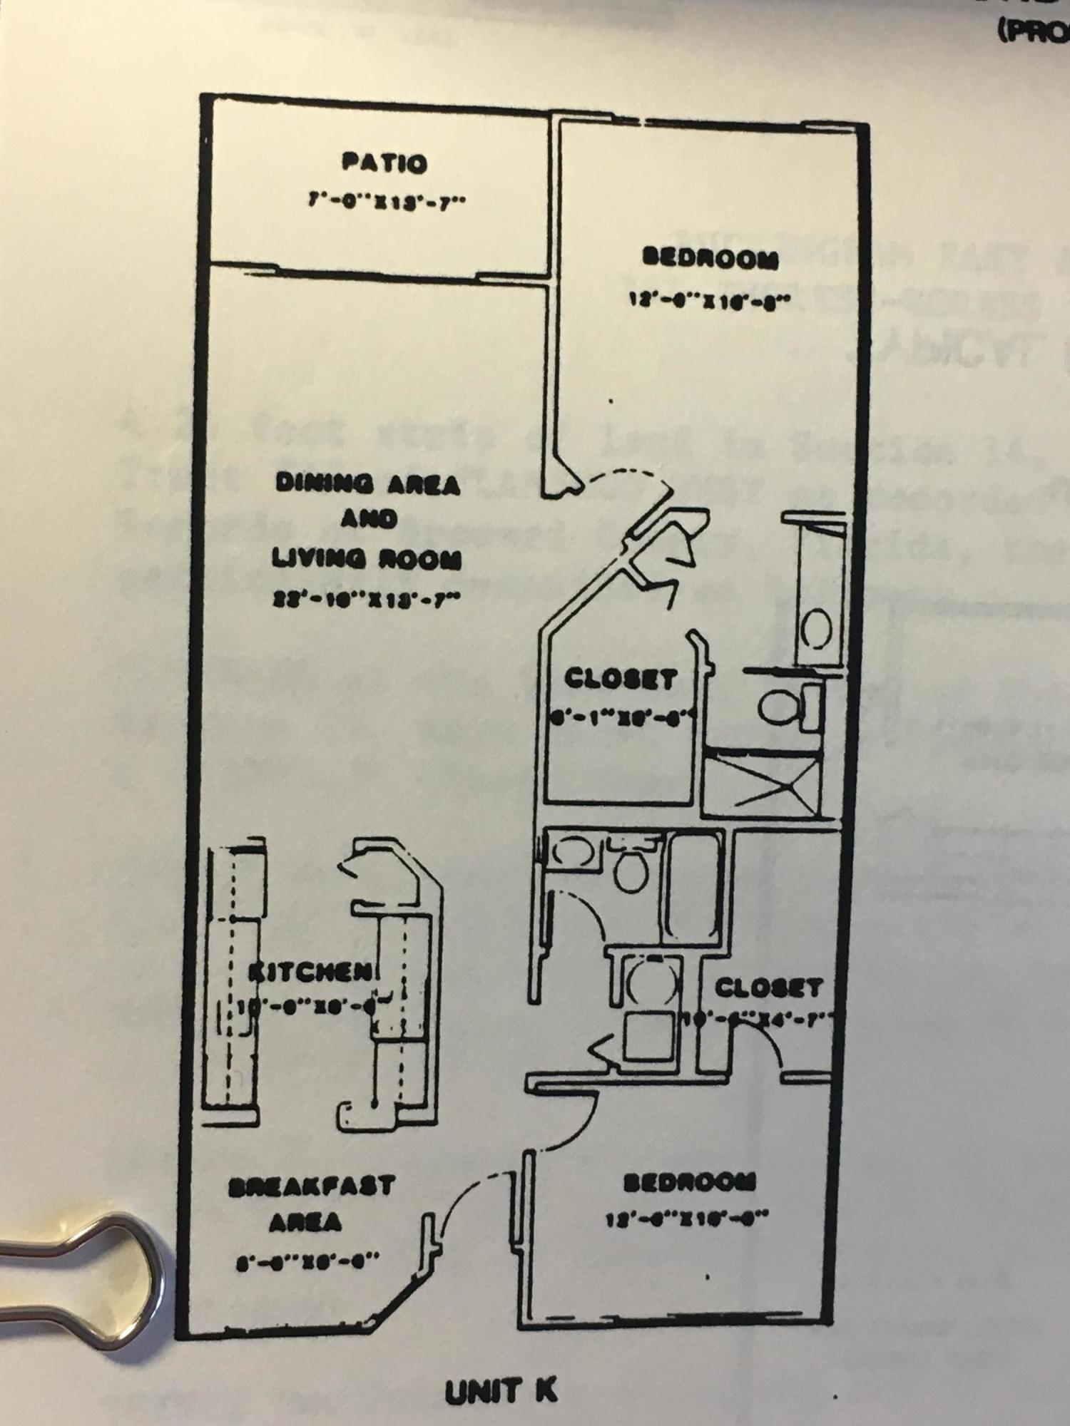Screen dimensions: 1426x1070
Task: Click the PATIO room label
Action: click(384, 163)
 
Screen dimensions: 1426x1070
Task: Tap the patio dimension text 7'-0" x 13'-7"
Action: click(386, 200)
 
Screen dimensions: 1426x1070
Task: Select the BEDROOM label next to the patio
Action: click(710, 258)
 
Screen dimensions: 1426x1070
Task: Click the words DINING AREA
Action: click(367, 484)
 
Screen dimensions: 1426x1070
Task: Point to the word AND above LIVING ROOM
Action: click(369, 520)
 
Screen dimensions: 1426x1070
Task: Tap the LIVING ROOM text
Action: click(366, 560)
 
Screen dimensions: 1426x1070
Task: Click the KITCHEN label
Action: click(312, 971)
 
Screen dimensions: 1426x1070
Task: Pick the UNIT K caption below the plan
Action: click(501, 1391)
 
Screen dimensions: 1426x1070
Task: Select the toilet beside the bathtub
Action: click(630, 868)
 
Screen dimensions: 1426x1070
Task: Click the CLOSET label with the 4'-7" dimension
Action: click(768, 988)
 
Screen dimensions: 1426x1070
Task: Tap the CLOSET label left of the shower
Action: click(620, 678)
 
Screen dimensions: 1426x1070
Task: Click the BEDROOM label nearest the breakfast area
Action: click(689, 1183)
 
